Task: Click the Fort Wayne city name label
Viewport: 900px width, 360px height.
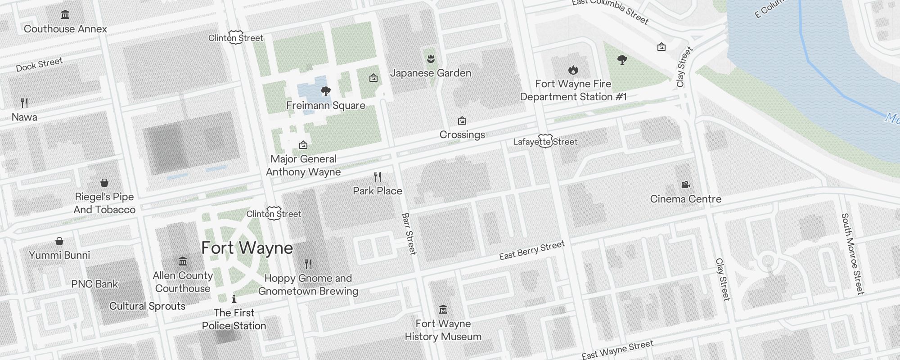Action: pos(247,248)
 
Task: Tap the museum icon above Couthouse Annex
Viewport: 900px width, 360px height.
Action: pos(65,15)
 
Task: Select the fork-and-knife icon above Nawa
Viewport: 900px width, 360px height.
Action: pos(24,103)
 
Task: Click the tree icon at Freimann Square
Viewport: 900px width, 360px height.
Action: pos(325,92)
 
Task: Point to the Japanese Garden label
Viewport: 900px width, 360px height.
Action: pos(431,73)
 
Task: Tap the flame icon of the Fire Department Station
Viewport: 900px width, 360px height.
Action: pos(573,70)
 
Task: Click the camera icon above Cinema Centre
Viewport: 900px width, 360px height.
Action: pos(685,184)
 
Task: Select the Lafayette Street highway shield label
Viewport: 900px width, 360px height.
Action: pos(545,142)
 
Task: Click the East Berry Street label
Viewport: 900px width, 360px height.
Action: pos(531,251)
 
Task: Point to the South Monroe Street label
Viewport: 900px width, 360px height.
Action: pos(852,254)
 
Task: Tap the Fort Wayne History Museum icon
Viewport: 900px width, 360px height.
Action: pos(443,310)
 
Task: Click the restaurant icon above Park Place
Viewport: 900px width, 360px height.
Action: pos(378,177)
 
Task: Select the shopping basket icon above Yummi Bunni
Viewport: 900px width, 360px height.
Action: pos(59,241)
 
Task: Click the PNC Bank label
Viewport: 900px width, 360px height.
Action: pos(94,284)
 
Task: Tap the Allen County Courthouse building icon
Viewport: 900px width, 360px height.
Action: pos(182,261)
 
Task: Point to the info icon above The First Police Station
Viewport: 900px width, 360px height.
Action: pos(234,299)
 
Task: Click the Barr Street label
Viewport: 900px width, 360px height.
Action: pos(409,234)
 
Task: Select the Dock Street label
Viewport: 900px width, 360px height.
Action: pos(39,65)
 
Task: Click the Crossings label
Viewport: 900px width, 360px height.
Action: pos(462,135)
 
